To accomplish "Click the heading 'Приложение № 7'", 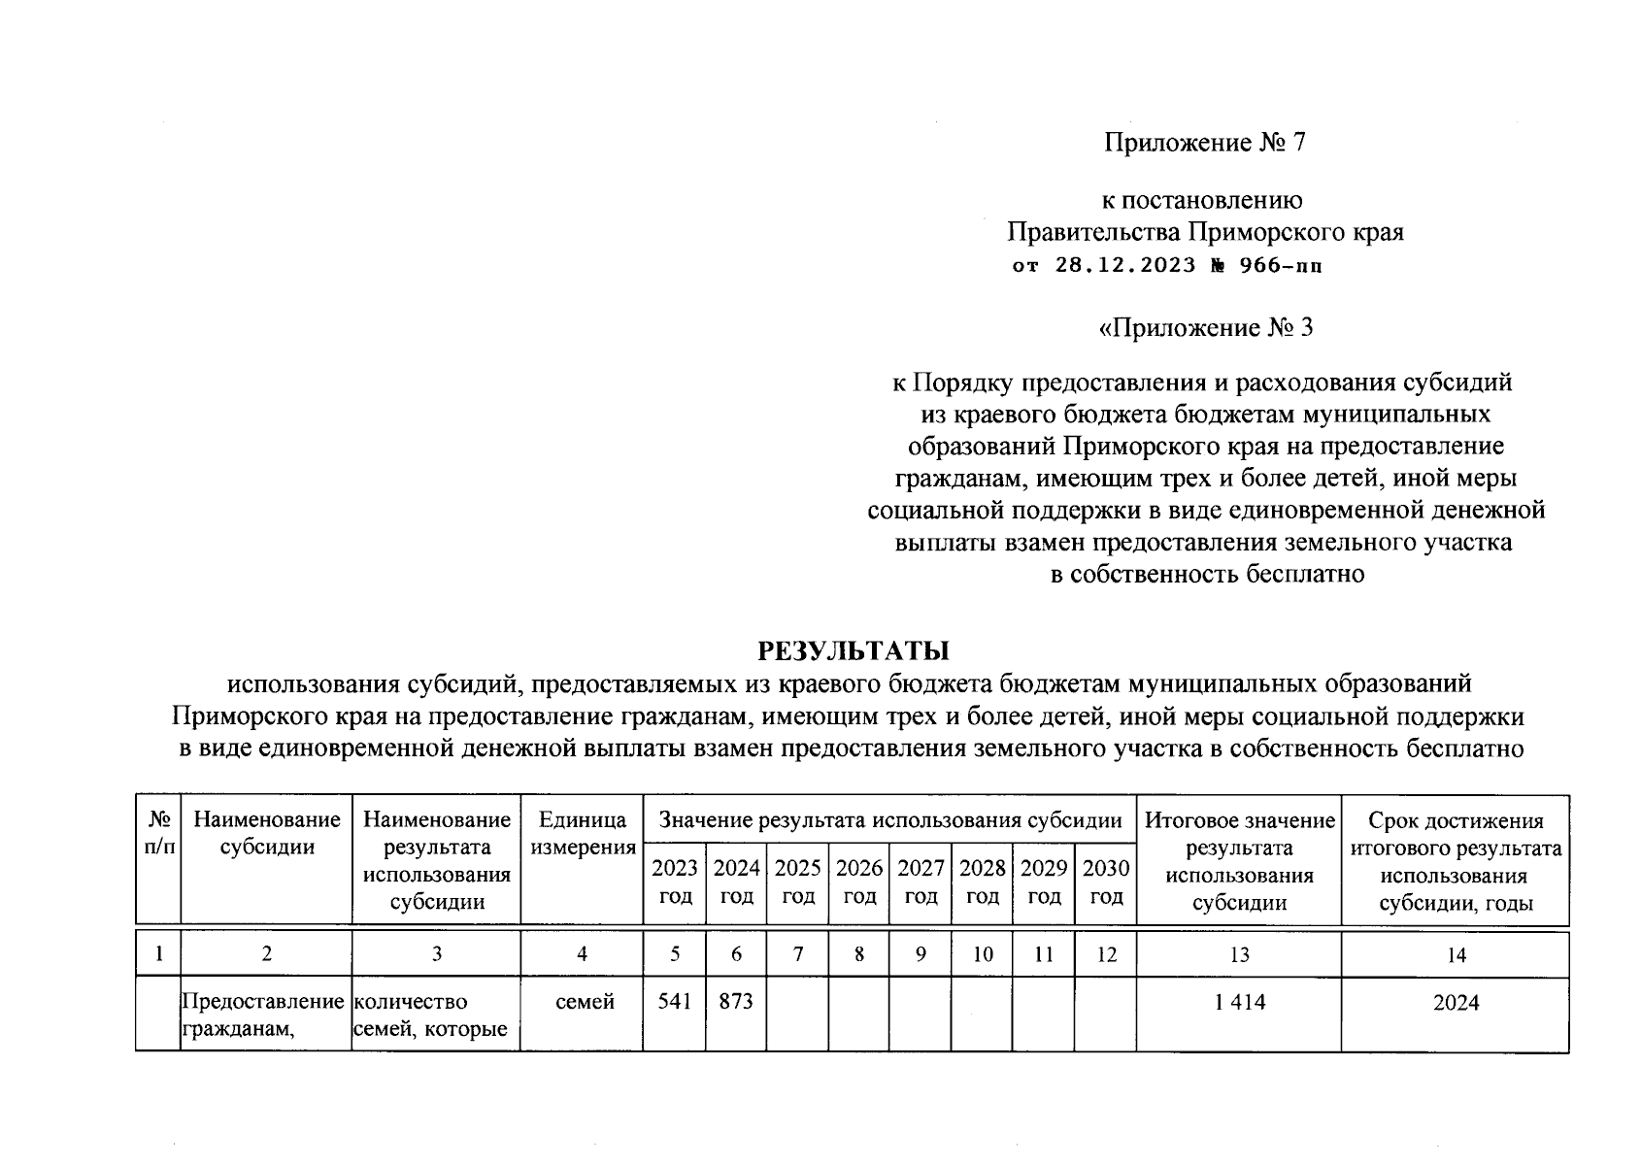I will pyautogui.click(x=1204, y=144).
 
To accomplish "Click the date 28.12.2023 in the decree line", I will pyautogui.click(x=1124, y=265).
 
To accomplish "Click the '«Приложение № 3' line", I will pyautogui.click(x=1204, y=328).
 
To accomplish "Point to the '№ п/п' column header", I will pyautogui.click(x=158, y=833).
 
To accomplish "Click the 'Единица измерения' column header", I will pyautogui.click(x=582, y=833).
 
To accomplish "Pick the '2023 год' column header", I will pyautogui.click(x=674, y=881).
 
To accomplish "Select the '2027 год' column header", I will pyautogui.click(x=921, y=881).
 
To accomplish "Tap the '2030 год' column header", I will pyautogui.click(x=1106, y=881).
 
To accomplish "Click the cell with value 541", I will pyautogui.click(x=674, y=1001).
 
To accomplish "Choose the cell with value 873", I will pyautogui.click(x=736, y=1001).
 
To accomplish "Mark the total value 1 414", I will pyautogui.click(x=1239, y=1002).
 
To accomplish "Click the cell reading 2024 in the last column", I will pyautogui.click(x=1456, y=1003).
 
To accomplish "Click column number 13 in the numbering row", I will pyautogui.click(x=1239, y=955).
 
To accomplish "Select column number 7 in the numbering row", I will pyautogui.click(x=797, y=954).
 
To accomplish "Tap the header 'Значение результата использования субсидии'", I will pyautogui.click(x=890, y=820).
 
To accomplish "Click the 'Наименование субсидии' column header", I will pyautogui.click(x=267, y=833).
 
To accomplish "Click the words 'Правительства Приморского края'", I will pyautogui.click(x=1204, y=233).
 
